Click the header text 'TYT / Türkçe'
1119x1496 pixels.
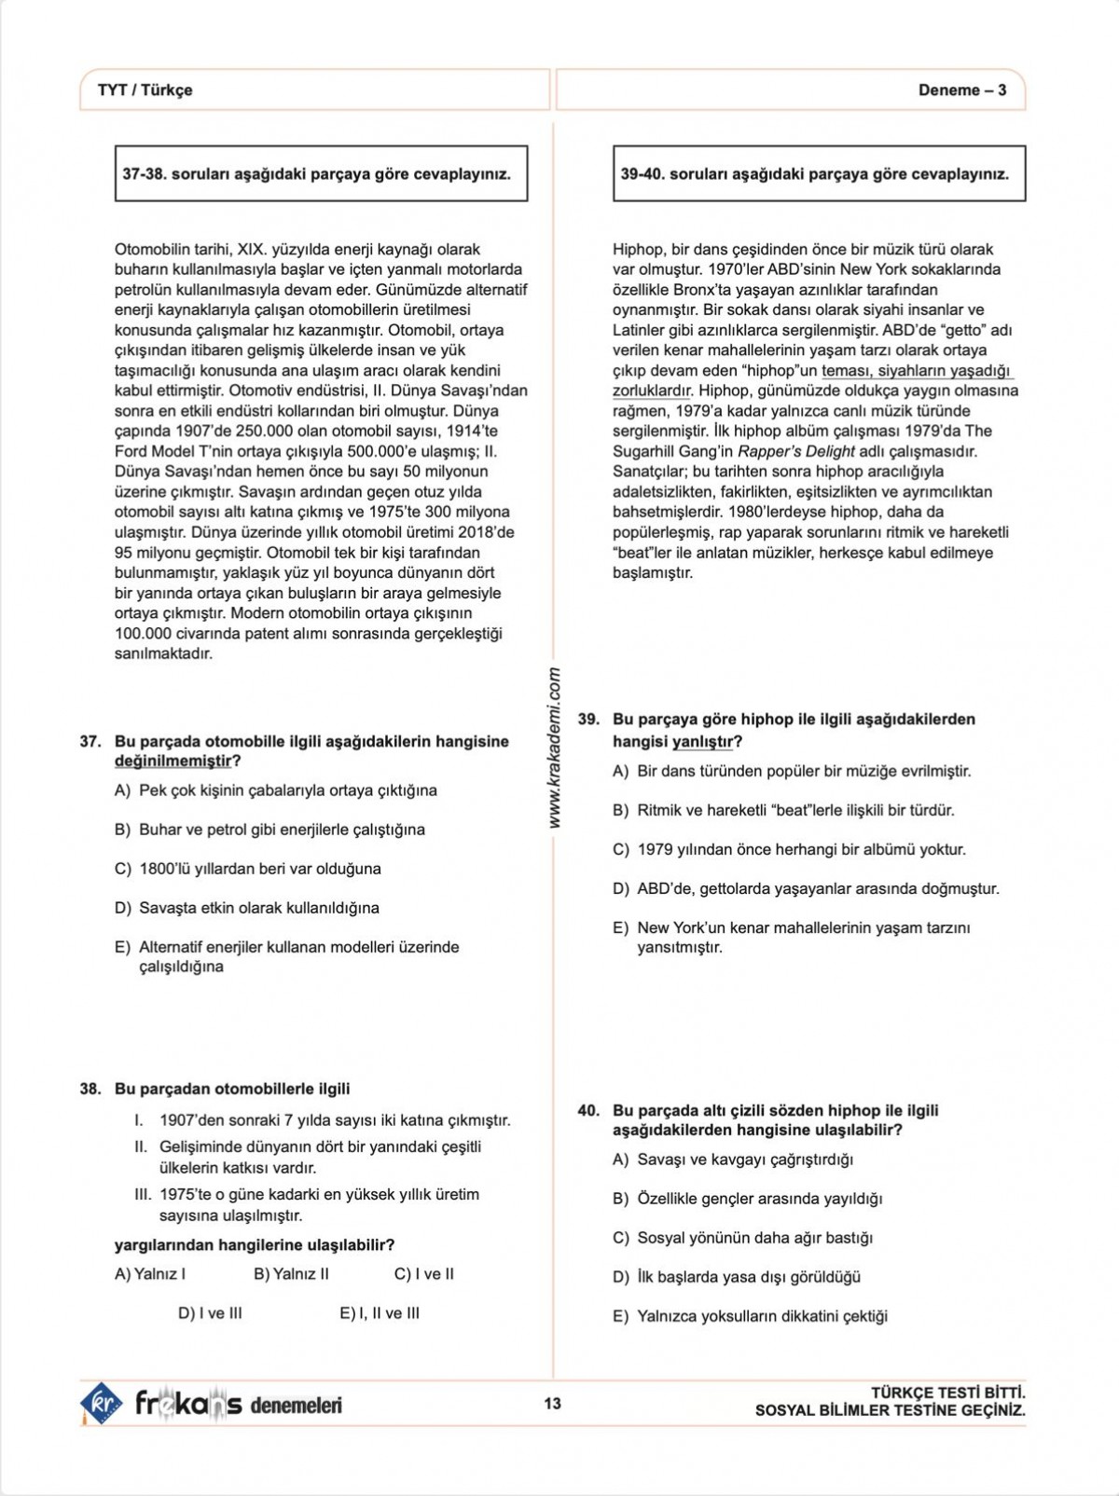coord(145,90)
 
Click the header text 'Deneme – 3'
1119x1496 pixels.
coord(961,90)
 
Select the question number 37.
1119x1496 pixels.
coord(90,742)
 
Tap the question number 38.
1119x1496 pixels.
coord(90,1089)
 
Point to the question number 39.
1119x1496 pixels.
coord(588,720)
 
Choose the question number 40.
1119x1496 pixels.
coord(588,1110)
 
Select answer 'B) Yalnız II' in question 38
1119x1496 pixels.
coord(291,1274)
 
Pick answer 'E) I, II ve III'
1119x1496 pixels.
coord(380,1313)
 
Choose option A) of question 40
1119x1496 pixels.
coord(733,1160)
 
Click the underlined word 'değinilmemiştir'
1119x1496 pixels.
coord(173,762)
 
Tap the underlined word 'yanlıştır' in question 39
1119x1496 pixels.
coord(702,742)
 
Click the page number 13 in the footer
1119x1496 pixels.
coord(552,1404)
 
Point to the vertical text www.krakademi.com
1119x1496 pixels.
coord(554,748)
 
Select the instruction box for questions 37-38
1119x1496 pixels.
coord(321,173)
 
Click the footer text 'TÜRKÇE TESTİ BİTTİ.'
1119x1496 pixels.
coord(947,1393)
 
